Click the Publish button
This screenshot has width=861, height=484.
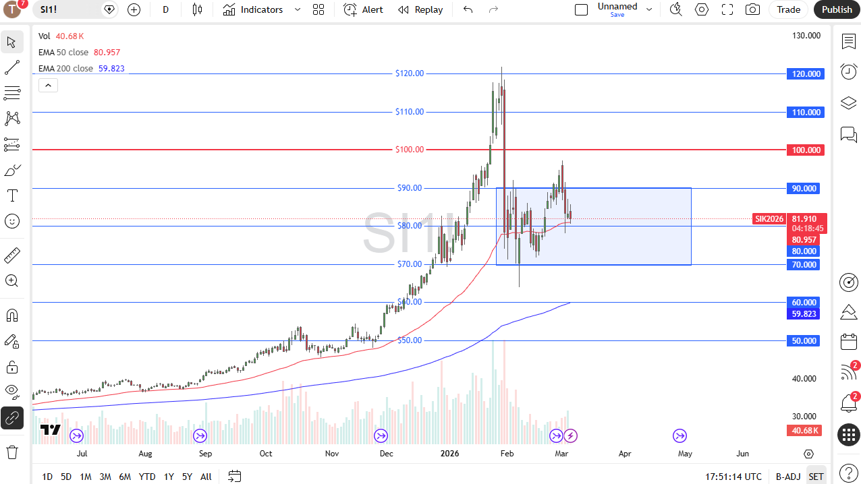click(837, 9)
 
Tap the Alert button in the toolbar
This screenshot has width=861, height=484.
click(363, 9)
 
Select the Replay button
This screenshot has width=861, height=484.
click(420, 9)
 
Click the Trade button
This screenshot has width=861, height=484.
click(788, 9)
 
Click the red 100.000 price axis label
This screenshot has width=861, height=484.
click(806, 150)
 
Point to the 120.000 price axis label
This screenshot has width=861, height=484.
click(806, 74)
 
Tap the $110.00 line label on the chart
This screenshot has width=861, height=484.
click(410, 112)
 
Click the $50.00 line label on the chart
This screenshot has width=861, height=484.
click(410, 340)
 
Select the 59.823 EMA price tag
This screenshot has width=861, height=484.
click(804, 314)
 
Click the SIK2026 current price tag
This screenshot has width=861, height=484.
click(769, 219)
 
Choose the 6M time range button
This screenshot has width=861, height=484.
click(125, 477)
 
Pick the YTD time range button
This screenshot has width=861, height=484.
click(147, 477)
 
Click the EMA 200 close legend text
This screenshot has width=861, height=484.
click(65, 69)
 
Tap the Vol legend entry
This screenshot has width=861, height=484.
click(45, 36)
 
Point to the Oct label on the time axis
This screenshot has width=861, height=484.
click(266, 454)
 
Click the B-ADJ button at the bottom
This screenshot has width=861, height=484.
click(787, 477)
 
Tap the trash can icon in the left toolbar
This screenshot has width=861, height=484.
click(12, 451)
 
